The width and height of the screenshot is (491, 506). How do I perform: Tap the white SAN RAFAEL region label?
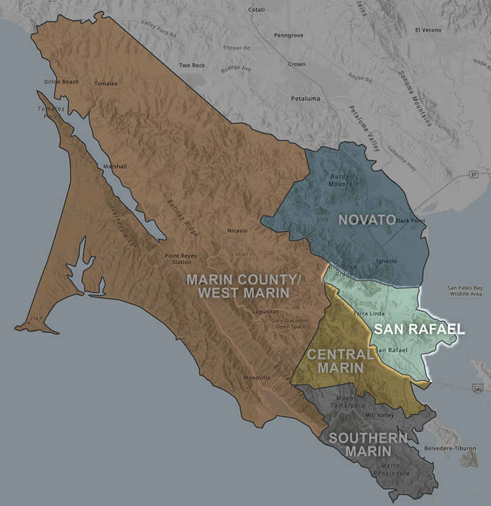coord(419,329)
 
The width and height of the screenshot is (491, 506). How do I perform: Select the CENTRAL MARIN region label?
coord(340,360)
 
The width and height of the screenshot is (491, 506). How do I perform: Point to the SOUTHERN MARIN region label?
coord(368,445)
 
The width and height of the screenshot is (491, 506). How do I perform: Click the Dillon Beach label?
coord(61,82)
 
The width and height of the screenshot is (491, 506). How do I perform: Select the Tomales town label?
coord(106,84)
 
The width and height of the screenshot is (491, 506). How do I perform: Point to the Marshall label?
coord(115,166)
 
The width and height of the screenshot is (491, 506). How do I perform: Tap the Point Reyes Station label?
coord(177,259)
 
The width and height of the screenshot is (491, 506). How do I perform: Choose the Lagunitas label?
coord(265,311)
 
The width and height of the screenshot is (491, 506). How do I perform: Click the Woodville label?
coord(257,377)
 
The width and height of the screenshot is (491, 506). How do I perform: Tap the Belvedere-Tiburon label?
coord(453,448)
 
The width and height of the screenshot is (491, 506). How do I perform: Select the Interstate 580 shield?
coord(477,389)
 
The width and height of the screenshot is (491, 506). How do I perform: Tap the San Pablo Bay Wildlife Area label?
coord(465,291)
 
